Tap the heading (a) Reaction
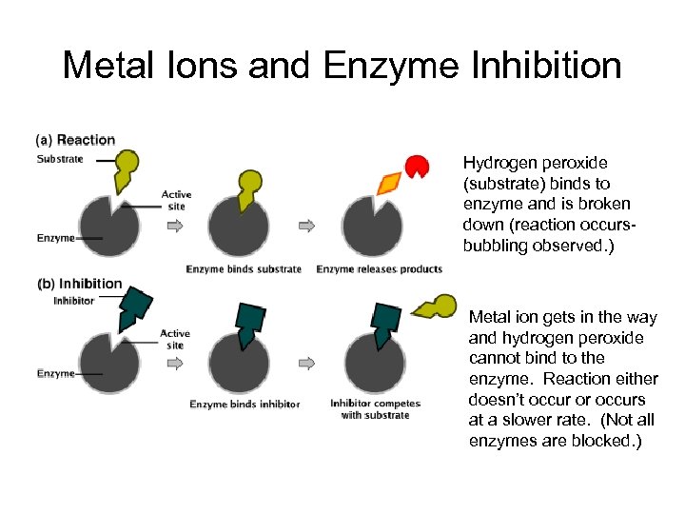[75, 139]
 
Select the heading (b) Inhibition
[79, 283]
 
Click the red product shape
[417, 167]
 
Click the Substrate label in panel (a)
[60, 158]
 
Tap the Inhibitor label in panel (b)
[73, 300]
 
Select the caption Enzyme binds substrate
[244, 268]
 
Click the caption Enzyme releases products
[379, 268]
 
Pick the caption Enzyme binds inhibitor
[245, 404]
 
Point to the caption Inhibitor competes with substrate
[370, 409]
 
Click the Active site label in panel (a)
[176, 200]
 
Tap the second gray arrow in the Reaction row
[306, 226]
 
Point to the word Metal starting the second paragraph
[489, 317]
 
